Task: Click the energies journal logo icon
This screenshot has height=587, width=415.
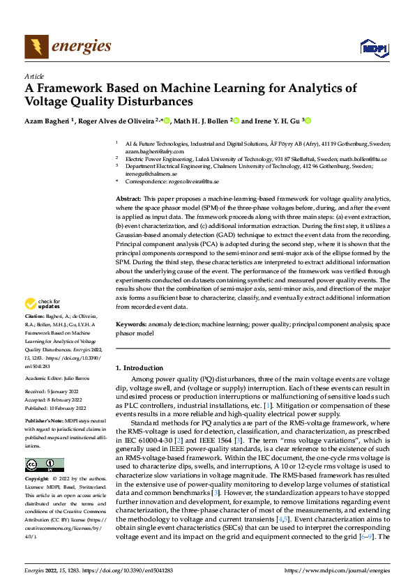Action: coord(36,47)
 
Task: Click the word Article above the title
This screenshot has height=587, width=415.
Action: coord(34,76)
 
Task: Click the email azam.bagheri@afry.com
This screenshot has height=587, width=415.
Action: coord(154,151)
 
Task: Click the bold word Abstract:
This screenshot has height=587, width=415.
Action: coord(130,199)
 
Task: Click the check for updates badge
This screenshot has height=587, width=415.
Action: coord(41,304)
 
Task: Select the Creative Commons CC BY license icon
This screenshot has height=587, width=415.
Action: coord(44,464)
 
